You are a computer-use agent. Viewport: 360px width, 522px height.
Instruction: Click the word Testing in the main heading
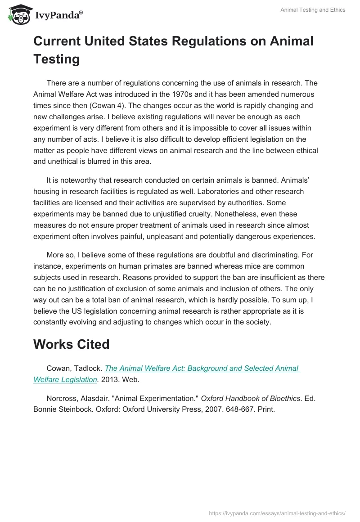[x=57, y=59]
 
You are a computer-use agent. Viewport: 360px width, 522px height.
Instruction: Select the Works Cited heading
[x=72, y=344]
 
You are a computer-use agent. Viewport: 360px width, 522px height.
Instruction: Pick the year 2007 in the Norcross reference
[x=220, y=409]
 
